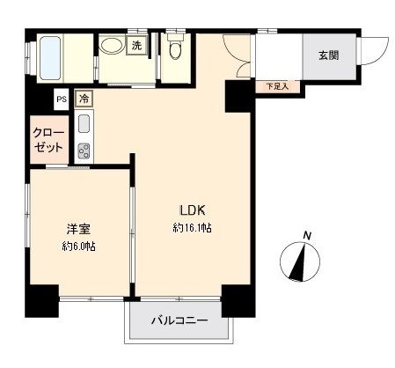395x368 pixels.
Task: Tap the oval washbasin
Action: click(x=111, y=48)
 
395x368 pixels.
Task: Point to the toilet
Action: click(x=173, y=50)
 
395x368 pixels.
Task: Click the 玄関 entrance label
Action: click(x=328, y=54)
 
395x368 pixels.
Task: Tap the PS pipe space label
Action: click(x=62, y=99)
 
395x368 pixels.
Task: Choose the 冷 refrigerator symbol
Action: click(x=84, y=99)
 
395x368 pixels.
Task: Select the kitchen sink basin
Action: click(x=85, y=122)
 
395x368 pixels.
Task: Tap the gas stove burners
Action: click(x=85, y=150)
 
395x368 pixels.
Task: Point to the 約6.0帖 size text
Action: click(x=77, y=247)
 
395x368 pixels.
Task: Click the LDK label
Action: click(x=193, y=211)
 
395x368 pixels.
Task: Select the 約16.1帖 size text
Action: click(x=192, y=228)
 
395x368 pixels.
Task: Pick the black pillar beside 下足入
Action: click(x=238, y=94)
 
